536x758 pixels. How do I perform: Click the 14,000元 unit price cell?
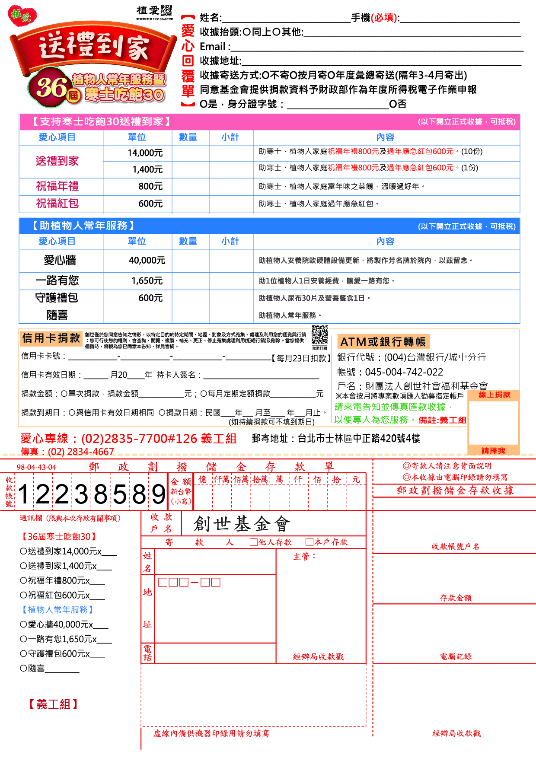pos(145,153)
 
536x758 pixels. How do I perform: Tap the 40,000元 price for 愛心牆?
pos(147,261)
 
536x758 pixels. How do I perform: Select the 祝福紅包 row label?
pos(57,204)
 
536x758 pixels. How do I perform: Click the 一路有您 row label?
pos(57,281)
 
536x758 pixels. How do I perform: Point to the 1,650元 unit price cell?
pos(147,281)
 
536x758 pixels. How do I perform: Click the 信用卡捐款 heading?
pos(51,338)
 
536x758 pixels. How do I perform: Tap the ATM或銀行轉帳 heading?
pos(383,342)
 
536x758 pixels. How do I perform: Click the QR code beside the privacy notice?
pos(320,335)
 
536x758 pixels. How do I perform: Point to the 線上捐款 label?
pos(495,395)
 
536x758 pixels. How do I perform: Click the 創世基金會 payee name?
pos(242,524)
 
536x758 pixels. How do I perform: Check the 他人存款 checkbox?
pos(254,542)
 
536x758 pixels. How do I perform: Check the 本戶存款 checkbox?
pos(309,542)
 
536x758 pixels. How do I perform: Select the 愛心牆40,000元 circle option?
pos(23,625)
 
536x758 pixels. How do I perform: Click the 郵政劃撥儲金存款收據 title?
pos(455,490)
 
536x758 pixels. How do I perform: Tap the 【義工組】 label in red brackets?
pos(53,704)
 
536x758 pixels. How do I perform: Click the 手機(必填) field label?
pos(375,18)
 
